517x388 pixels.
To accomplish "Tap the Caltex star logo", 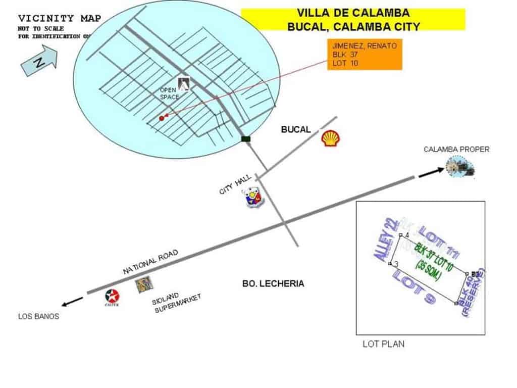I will coord(112,297).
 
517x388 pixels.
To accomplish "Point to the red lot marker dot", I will coord(162,118).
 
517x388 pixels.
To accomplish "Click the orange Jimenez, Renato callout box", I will coord(365,55).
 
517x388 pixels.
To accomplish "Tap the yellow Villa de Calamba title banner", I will coord(353,19).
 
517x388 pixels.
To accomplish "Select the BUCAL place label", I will coord(296,129).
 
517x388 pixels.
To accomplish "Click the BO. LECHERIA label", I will coord(273,283).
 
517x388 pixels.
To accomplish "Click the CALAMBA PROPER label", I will coord(456,149).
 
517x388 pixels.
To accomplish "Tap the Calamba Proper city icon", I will coord(461,168).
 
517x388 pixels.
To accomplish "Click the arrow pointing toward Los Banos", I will coord(73,302).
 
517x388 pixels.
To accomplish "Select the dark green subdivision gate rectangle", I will coord(246,138).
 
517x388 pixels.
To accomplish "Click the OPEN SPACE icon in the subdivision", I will coord(184,83).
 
